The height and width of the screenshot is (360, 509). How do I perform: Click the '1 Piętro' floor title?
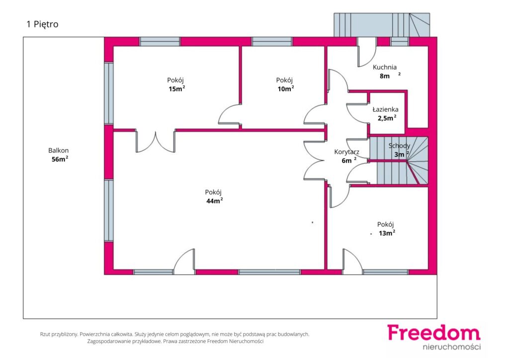click(x=42, y=24)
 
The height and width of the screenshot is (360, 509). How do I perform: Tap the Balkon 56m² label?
click(x=59, y=155)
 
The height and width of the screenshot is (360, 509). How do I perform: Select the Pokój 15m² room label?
click(x=176, y=85)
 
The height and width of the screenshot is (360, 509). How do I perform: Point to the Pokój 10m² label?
click(x=285, y=85)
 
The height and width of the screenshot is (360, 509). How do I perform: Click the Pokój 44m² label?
click(x=214, y=196)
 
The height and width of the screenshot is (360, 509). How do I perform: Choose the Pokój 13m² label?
click(x=386, y=229)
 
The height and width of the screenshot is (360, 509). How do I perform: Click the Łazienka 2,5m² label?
click(x=386, y=113)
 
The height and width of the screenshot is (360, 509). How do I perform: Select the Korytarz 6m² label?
click(x=346, y=156)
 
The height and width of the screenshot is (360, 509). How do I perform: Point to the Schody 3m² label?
click(x=399, y=150)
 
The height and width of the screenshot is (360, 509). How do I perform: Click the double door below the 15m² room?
click(x=156, y=142)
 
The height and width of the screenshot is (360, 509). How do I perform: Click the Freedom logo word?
click(x=433, y=333)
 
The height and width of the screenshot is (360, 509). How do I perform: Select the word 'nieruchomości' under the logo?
click(x=451, y=347)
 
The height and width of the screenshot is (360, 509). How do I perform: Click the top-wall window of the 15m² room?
click(x=160, y=42)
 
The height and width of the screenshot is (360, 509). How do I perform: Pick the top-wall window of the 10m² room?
click(x=272, y=42)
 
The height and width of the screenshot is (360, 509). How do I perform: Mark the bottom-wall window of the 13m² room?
click(x=386, y=272)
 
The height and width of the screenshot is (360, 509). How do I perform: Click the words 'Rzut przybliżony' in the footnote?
click(x=59, y=334)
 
